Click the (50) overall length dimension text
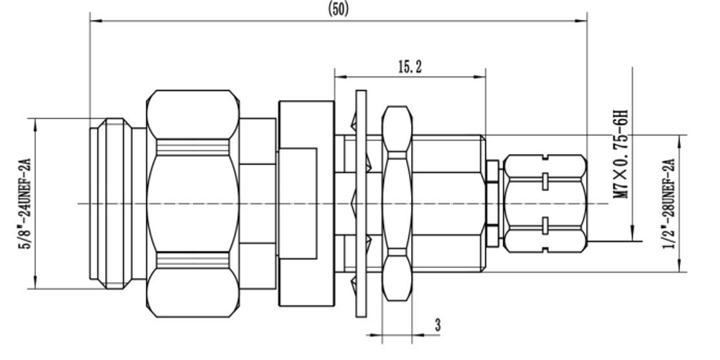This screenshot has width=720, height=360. point(338,9)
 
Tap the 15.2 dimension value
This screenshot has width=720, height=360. point(410,68)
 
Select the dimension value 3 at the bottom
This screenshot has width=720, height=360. point(438,325)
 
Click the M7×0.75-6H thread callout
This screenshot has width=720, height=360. point(621,154)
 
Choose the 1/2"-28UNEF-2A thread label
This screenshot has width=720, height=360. point(669,204)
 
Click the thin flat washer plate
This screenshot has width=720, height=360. point(361,204)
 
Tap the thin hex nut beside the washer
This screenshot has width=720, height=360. point(397,204)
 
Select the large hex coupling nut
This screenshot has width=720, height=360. point(193,204)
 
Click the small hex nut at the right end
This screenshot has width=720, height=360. point(545,204)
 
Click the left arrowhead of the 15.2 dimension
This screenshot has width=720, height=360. point(341,77)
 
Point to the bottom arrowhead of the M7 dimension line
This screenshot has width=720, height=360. point(633,235)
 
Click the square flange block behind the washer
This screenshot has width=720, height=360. point(306,204)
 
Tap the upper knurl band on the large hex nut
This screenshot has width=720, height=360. point(193,147)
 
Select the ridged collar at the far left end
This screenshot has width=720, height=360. point(114,204)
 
